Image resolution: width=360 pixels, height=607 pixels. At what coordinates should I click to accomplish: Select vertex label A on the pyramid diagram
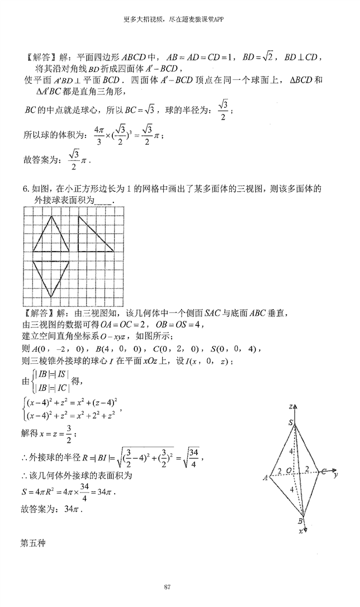266,477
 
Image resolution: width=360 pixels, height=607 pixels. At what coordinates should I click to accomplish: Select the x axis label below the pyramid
301,531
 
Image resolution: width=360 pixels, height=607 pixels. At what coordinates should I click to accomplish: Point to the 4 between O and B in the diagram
291,491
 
